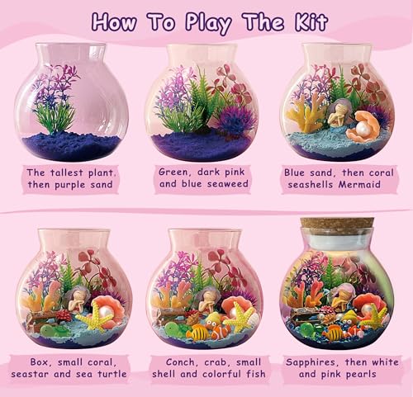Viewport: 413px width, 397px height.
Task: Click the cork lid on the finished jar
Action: pyautogui.click(x=336, y=224)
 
